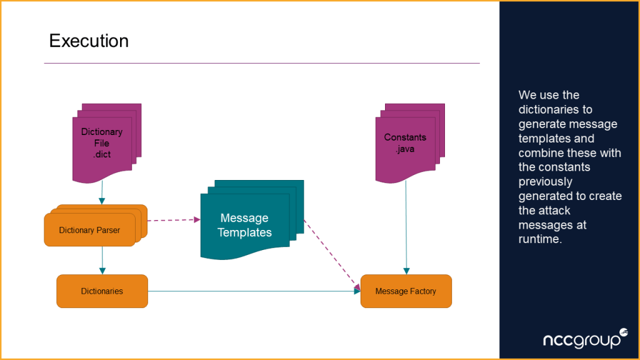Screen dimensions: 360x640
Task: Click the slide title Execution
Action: tap(89, 41)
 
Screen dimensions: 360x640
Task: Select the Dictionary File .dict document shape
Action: tap(102, 143)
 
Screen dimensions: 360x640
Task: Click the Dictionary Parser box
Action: tap(89, 230)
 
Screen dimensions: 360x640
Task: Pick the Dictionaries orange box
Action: tap(102, 291)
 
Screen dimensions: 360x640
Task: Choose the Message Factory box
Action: tap(406, 291)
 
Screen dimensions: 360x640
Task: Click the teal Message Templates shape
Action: tap(245, 226)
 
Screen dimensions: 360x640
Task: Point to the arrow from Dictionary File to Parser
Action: tap(102, 193)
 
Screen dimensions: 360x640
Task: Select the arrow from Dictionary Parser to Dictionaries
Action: tap(102, 260)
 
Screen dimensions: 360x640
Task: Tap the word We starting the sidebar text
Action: tap(527, 95)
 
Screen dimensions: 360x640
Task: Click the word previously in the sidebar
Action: tap(545, 181)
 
